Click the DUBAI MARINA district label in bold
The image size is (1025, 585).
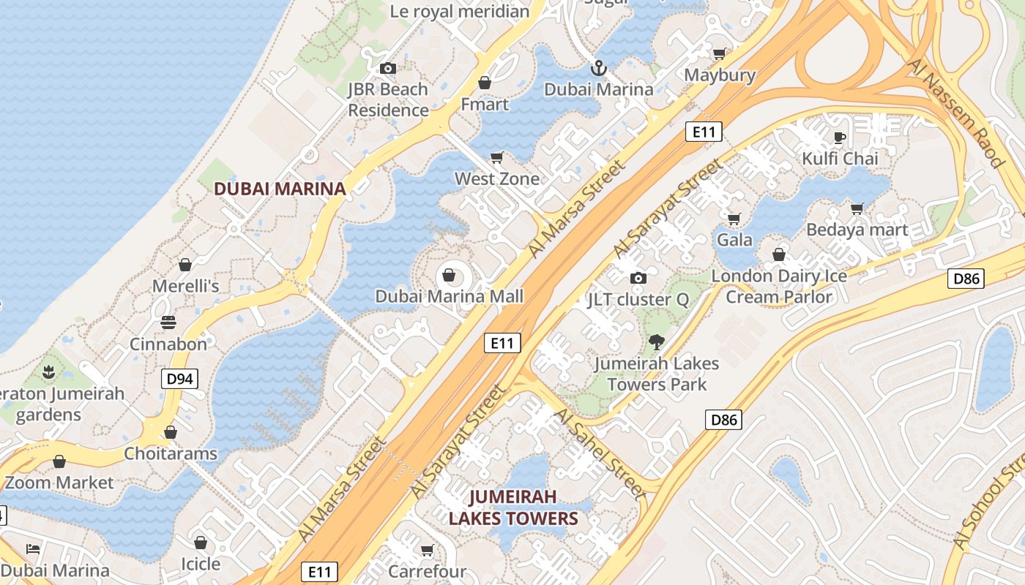[279, 189]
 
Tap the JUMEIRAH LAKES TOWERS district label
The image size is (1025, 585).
[512, 507]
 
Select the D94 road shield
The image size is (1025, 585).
[179, 379]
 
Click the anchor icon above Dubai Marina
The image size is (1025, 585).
[599, 68]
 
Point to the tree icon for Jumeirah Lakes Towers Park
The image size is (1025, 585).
[657, 341]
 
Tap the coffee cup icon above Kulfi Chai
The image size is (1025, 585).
[840, 137]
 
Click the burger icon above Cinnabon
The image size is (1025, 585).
[168, 322]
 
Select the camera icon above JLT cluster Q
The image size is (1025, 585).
[638, 278]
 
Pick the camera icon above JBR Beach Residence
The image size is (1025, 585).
[388, 69]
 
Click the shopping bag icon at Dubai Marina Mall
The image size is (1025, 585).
[449, 276]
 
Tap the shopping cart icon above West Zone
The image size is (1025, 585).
[497, 157]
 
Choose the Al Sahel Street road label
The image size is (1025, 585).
[600, 453]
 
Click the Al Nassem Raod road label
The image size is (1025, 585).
[955, 113]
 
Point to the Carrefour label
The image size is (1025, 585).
[427, 570]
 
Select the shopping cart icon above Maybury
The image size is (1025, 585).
[720, 53]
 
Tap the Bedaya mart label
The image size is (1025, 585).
[857, 230]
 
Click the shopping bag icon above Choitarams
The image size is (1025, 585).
[171, 432]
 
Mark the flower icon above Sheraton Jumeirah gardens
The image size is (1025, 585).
[49, 372]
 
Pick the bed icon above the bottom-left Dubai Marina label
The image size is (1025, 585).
[33, 548]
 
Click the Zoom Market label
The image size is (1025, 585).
[59, 483]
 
